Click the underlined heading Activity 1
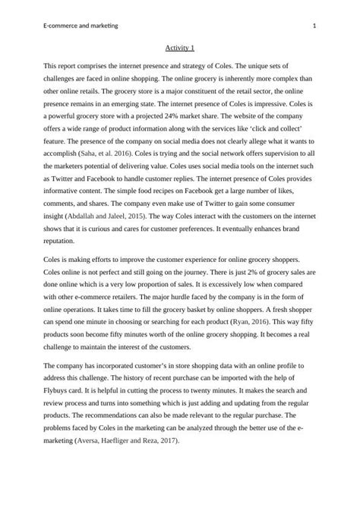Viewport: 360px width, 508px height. pos(179,47)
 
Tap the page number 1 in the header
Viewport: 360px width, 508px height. pos(314,27)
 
